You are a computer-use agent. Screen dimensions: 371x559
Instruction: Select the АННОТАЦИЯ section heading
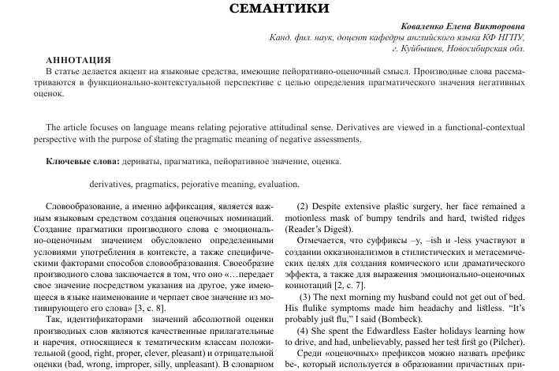(79, 60)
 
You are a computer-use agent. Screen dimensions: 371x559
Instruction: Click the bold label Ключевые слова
(81, 162)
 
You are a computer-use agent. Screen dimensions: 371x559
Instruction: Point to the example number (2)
(307, 207)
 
